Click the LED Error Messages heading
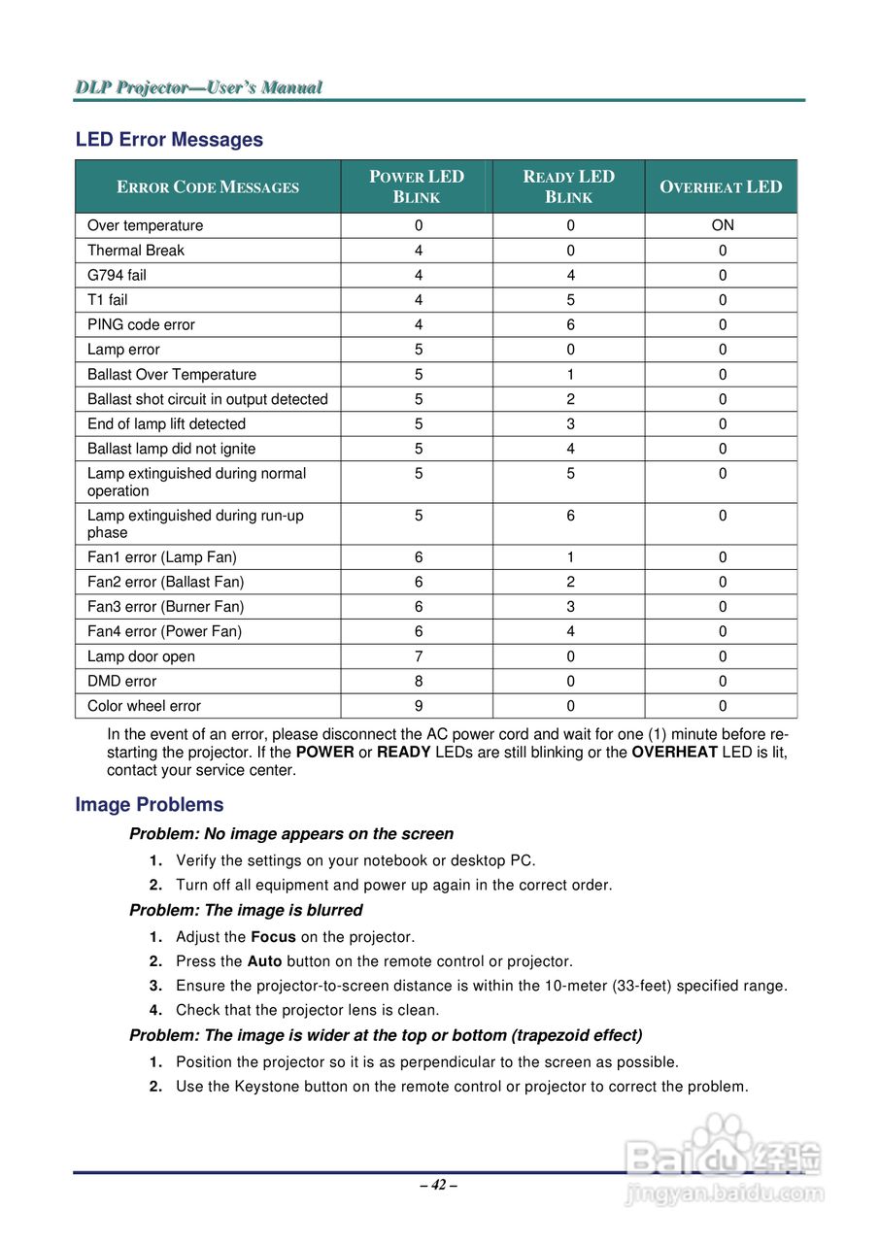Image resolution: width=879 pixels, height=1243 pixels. pyautogui.click(x=169, y=140)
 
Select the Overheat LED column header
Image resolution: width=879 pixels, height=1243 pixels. pyautogui.click(x=721, y=187)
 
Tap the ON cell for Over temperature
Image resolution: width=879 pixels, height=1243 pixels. pyautogui.click(x=723, y=225)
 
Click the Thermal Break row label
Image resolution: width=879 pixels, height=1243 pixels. pyautogui.click(x=135, y=251)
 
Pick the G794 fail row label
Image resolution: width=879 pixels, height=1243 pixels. pyautogui.click(x=118, y=275)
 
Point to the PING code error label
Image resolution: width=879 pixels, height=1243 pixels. pyautogui.click(x=141, y=324)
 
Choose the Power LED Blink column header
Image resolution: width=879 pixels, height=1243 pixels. pyautogui.click(x=417, y=186)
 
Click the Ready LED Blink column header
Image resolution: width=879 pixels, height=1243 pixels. pyautogui.click(x=569, y=186)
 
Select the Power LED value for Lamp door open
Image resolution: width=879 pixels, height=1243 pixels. pyautogui.click(x=419, y=656)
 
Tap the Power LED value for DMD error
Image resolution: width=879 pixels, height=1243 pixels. pyautogui.click(x=419, y=682)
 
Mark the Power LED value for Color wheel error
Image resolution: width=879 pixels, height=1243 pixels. pyautogui.click(x=419, y=706)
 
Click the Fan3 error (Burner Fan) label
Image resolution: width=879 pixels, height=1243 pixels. pyautogui.click(x=166, y=607)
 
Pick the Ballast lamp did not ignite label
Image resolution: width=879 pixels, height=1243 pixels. pyautogui.click(x=172, y=449)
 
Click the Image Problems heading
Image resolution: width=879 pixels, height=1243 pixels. pyautogui.click(x=150, y=805)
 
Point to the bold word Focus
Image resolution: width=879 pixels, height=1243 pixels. pyautogui.click(x=273, y=937)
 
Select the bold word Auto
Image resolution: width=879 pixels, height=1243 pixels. pyautogui.click(x=264, y=961)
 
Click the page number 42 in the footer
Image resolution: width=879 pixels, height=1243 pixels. pyautogui.click(x=439, y=1185)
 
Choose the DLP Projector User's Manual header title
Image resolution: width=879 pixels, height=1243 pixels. pyautogui.click(x=199, y=87)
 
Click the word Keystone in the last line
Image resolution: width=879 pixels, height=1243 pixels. pyautogui.click(x=266, y=1087)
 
